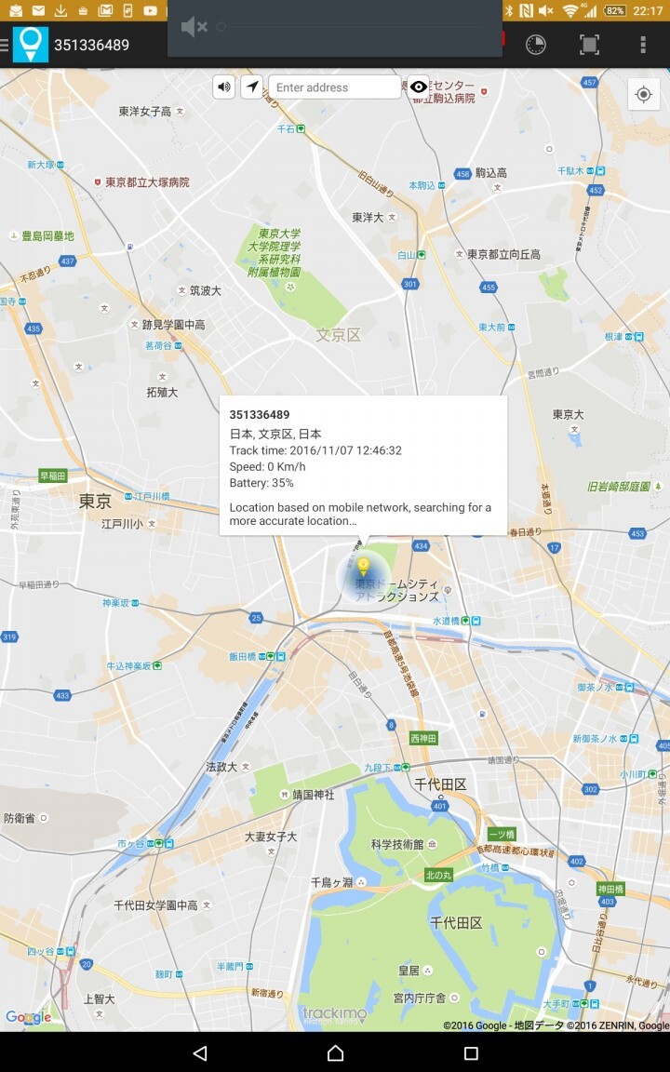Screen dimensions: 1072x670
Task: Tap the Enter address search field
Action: [x=335, y=87]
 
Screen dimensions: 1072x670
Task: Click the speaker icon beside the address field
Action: [x=224, y=87]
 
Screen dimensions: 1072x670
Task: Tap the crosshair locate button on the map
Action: [x=643, y=95]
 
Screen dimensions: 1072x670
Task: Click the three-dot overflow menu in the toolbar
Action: [x=642, y=45]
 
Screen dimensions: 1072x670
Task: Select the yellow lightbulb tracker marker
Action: [x=364, y=567]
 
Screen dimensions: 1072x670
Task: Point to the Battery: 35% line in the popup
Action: [x=261, y=483]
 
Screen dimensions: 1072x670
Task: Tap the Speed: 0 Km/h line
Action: [x=267, y=466]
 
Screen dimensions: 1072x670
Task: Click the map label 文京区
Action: [x=338, y=335]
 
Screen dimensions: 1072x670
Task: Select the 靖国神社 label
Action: [x=313, y=796]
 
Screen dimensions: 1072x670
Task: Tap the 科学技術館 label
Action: [x=397, y=844]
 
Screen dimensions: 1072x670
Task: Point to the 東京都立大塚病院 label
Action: [x=147, y=182]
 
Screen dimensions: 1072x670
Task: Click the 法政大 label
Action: [x=221, y=767]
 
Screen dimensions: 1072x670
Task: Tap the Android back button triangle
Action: [x=199, y=1052]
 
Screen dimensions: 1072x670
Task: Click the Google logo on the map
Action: [x=28, y=1017]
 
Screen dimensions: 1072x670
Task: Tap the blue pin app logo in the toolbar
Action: [x=31, y=45]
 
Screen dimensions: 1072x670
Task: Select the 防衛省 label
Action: [x=20, y=818]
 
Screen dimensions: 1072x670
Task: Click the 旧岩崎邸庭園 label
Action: [x=619, y=487]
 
